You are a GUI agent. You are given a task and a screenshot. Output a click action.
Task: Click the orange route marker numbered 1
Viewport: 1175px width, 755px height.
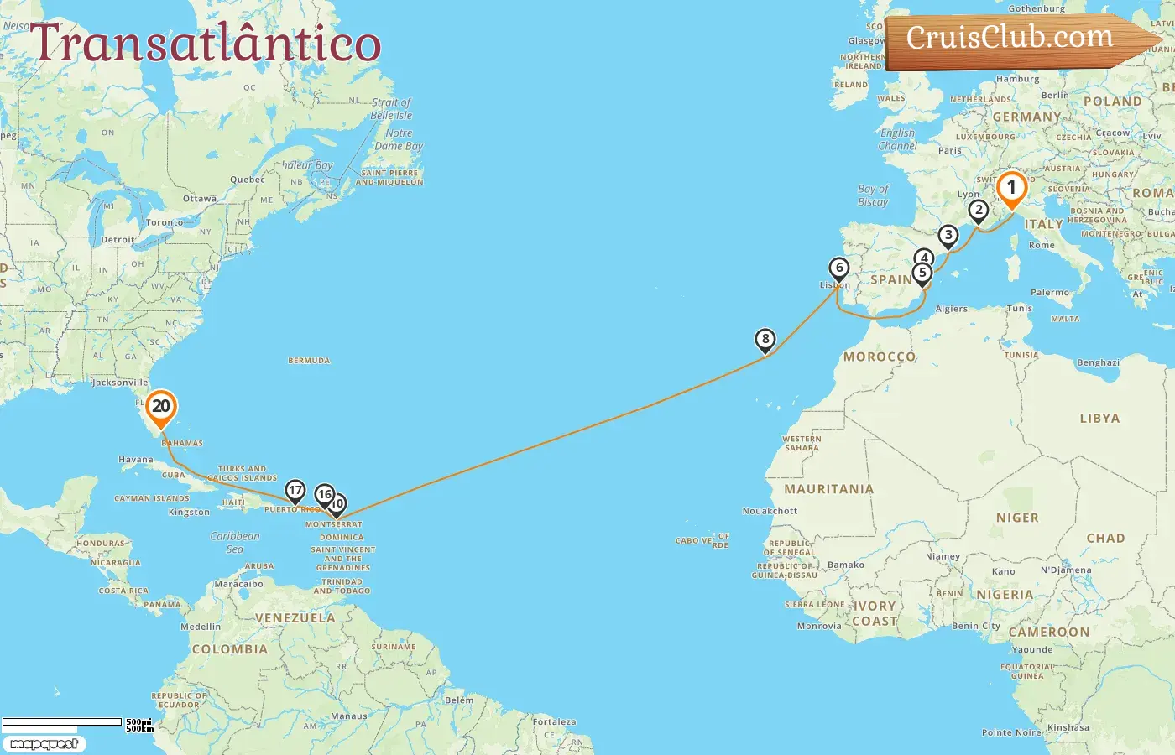[1011, 188]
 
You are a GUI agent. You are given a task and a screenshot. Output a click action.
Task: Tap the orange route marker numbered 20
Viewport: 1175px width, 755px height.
[160, 407]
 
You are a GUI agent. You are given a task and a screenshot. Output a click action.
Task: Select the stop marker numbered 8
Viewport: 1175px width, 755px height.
[765, 339]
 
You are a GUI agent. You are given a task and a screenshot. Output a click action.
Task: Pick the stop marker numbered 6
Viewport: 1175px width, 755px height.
[838, 268]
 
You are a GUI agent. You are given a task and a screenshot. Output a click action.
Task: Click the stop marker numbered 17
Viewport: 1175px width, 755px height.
[295, 491]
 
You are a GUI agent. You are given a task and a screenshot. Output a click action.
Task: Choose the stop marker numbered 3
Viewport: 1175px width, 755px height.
[948, 236]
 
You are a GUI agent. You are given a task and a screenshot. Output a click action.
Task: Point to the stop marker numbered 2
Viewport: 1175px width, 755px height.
[978, 211]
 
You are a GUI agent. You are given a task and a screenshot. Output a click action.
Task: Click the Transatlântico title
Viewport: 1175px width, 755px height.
[206, 44]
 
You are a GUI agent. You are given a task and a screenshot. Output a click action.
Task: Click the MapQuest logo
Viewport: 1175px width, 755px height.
[44, 743]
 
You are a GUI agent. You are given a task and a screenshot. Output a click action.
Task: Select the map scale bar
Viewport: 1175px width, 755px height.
[63, 724]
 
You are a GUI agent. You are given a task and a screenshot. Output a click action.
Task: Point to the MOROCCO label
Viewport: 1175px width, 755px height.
[880, 357]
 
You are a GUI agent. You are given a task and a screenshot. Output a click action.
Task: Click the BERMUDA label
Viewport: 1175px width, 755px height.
[309, 361]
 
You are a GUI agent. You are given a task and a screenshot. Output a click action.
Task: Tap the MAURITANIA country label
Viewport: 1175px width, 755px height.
[828, 489]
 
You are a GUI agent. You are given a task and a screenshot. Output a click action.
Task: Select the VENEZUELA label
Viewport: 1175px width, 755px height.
[295, 618]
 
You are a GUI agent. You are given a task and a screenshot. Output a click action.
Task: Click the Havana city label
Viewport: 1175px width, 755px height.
[136, 460]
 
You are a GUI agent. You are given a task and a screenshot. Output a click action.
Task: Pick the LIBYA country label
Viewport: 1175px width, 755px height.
[1099, 418]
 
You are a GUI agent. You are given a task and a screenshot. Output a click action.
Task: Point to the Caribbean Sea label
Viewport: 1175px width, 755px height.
[235, 542]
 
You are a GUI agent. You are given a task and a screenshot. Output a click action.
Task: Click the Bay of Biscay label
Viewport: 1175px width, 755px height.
[873, 195]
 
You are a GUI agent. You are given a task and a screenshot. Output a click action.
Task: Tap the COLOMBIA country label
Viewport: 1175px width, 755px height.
[229, 649]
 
